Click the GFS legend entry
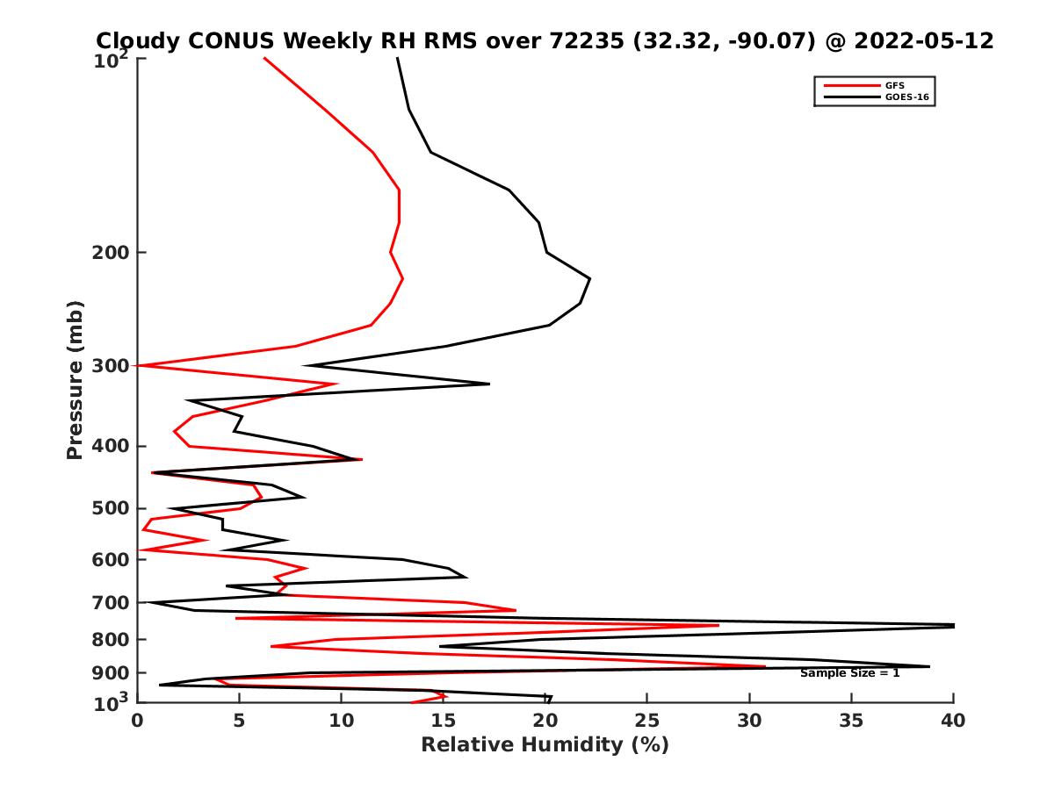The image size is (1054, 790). [x=896, y=85]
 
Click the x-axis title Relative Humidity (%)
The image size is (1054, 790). [x=545, y=745]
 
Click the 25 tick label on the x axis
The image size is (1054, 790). [x=647, y=721]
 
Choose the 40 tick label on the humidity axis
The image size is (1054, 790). [x=953, y=721]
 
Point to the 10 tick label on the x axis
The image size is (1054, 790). [x=341, y=721]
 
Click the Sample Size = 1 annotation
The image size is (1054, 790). [x=849, y=673]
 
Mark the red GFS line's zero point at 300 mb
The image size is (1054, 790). [x=139, y=365]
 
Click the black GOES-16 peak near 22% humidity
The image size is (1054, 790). [x=589, y=279]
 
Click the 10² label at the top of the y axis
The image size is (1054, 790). [x=112, y=61]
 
